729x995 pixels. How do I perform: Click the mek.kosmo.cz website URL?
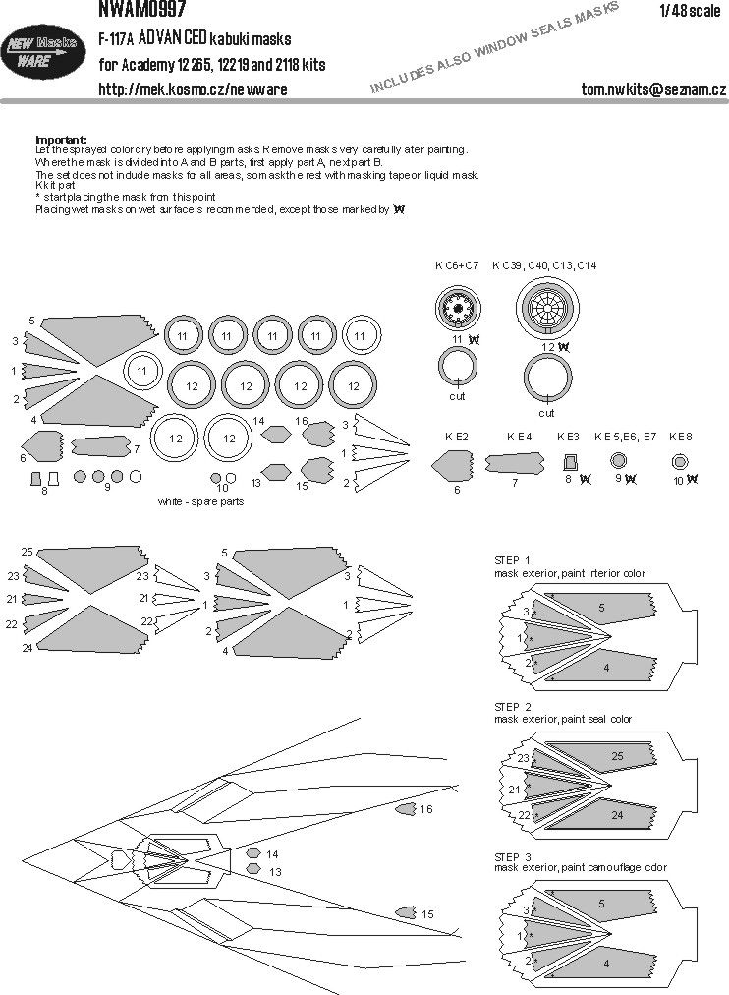193,89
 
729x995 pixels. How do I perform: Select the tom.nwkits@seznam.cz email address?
653,89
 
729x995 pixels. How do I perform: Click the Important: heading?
60,139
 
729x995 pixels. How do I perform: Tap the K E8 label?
680,436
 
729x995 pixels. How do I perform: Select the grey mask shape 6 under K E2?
455,465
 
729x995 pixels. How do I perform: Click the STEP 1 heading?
512,559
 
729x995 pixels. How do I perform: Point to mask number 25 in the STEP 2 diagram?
616,755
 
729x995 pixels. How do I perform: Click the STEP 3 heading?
512,856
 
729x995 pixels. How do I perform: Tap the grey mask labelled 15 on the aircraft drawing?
405,913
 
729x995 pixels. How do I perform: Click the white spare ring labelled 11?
143,371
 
